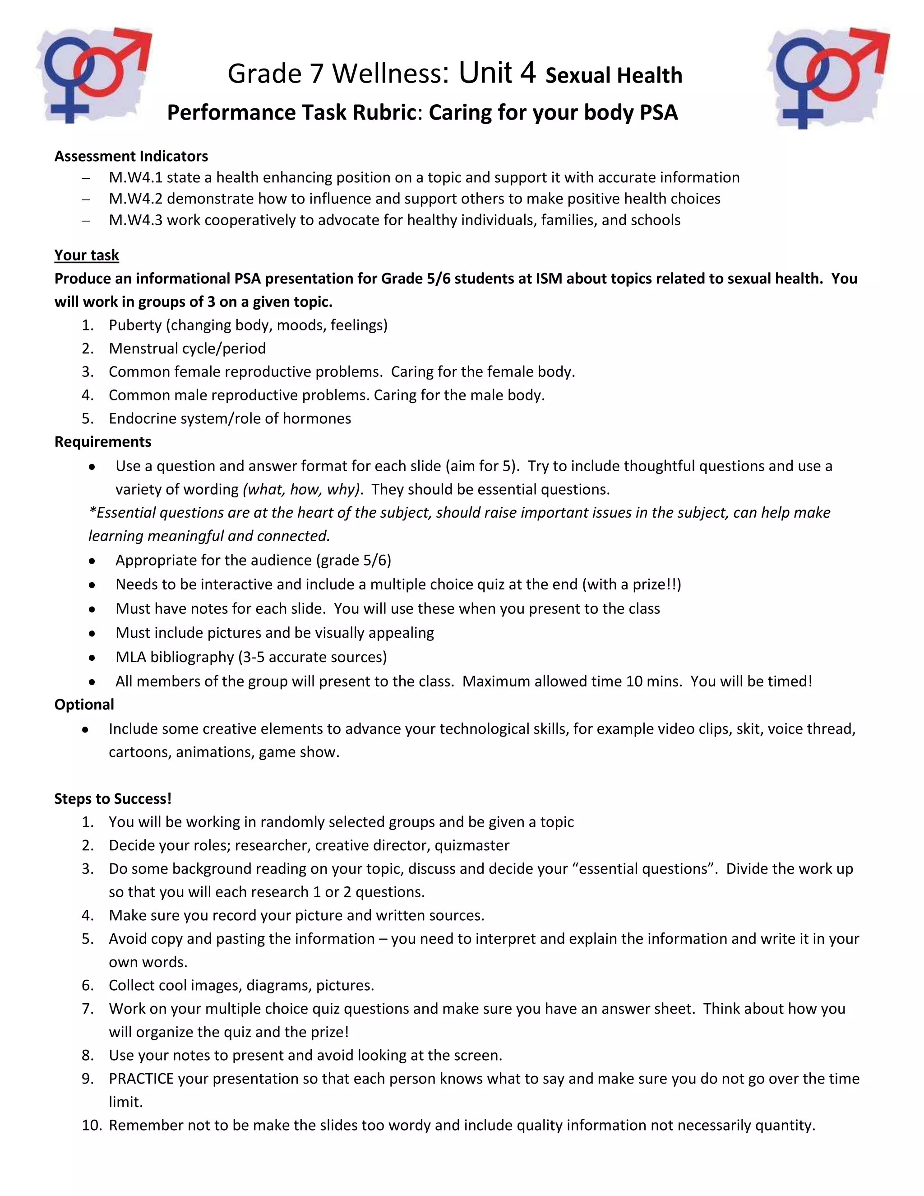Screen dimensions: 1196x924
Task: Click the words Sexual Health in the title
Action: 614,75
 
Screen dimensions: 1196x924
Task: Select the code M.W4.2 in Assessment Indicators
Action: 135,198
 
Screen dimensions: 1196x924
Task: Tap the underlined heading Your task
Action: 87,255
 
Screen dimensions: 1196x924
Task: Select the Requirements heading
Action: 103,441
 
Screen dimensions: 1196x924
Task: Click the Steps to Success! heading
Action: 113,798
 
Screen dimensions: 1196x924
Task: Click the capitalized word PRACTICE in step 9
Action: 141,1078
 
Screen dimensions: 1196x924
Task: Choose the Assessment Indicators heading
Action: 131,156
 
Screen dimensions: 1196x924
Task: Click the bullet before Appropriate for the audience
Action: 92,561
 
